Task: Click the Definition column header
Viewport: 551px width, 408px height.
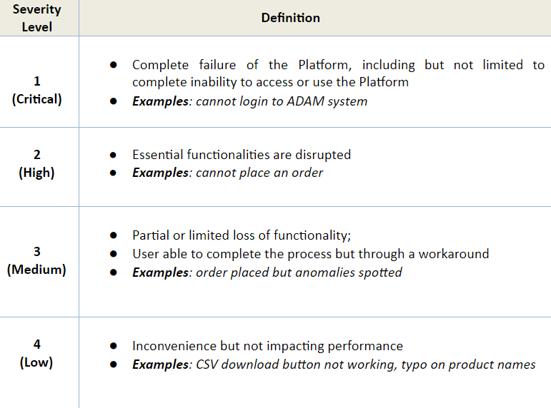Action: click(291, 18)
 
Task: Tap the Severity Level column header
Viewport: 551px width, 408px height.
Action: click(37, 18)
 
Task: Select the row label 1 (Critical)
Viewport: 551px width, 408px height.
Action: click(37, 90)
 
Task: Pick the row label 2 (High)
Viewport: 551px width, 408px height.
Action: click(37, 163)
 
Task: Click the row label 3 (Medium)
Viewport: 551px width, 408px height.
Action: click(36, 260)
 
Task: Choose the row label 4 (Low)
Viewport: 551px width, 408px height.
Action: click(36, 353)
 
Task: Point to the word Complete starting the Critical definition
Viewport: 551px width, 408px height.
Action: click(160, 65)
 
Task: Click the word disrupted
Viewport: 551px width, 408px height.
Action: click(323, 155)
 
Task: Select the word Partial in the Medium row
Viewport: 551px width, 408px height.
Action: click(151, 235)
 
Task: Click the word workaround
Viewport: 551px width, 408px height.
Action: click(454, 254)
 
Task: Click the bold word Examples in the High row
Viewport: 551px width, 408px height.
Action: click(160, 173)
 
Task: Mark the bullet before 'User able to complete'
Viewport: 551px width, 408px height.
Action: click(113, 254)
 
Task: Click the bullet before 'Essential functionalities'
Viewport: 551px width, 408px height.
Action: click(113, 155)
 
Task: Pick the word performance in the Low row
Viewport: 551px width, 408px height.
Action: click(365, 346)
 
